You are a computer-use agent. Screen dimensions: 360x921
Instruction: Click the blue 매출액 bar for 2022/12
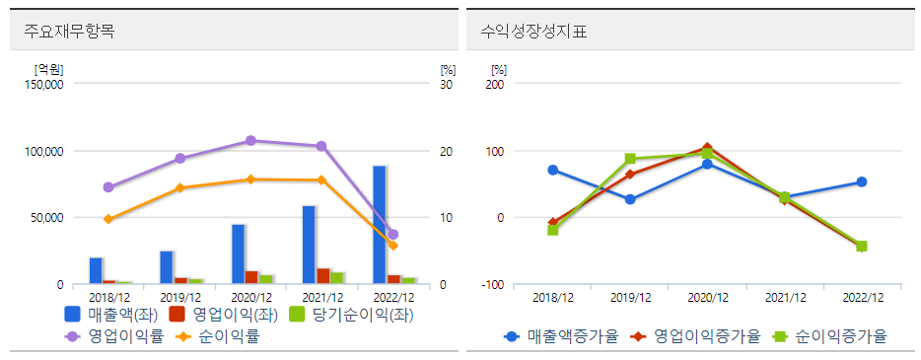379,225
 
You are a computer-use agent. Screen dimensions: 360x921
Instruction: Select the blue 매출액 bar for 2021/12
309,245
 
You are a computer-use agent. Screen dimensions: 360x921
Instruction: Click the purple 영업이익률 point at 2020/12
250,141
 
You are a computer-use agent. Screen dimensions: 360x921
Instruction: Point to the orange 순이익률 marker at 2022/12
392,245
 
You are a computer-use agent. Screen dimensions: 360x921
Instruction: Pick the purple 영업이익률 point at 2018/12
108,187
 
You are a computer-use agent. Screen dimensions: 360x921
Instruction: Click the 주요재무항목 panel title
69,31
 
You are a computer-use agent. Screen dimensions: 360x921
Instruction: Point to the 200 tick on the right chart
495,85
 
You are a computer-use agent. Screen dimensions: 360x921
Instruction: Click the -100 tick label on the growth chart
492,285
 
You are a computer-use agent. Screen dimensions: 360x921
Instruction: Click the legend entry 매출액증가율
560,336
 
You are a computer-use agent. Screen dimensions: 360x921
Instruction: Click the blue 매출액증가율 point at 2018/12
553,170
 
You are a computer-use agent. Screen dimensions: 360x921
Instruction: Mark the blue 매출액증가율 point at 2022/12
861,181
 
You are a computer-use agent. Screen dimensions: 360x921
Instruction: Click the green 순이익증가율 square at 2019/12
630,159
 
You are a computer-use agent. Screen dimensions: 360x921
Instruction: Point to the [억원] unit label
48,69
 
